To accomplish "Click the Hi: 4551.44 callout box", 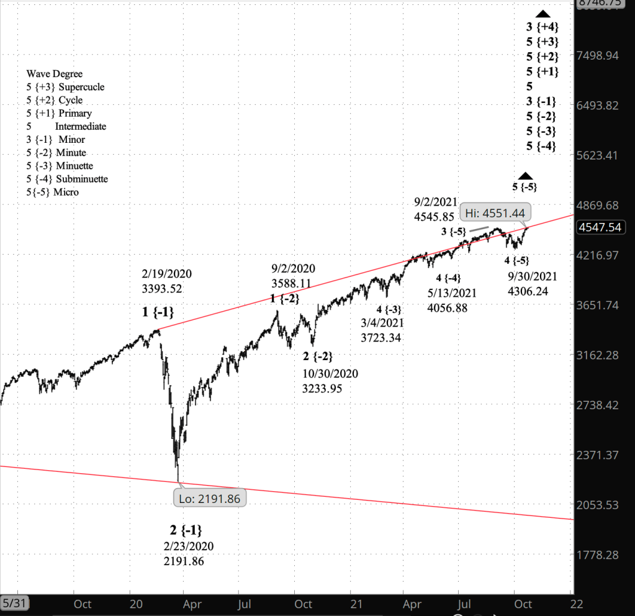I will click(494, 214).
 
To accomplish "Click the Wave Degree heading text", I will click(55, 74).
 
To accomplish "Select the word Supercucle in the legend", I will click(81, 87).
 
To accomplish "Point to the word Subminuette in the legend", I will click(82, 179).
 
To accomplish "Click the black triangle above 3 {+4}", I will click(543, 14).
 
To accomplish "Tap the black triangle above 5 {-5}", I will click(525, 176).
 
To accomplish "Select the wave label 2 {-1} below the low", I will click(186, 530).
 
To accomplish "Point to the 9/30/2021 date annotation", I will click(533, 276).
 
